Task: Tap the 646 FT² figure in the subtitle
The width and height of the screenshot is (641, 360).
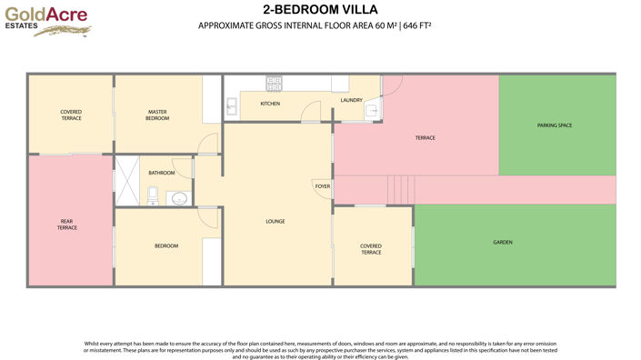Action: coord(414,25)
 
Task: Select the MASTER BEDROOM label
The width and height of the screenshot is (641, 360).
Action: coord(158,115)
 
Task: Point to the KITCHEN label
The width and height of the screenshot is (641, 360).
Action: coord(270,104)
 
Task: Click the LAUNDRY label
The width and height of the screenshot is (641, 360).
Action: coord(352,100)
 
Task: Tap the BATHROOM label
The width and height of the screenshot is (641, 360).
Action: coord(162,173)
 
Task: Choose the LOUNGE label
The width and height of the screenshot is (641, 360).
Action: coord(275,221)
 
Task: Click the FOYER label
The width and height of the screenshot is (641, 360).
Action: coord(322,185)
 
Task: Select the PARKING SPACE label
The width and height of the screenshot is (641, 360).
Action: coord(554,125)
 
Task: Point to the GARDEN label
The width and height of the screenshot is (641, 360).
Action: coord(503,243)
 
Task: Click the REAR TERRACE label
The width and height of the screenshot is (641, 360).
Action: coord(67,225)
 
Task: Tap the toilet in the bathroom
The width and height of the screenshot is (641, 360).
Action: coord(153,195)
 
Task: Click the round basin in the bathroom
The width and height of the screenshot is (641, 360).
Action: coord(178,197)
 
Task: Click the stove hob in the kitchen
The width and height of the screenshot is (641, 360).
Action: coord(274,84)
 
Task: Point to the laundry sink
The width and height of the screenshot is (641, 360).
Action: coord(371,112)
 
